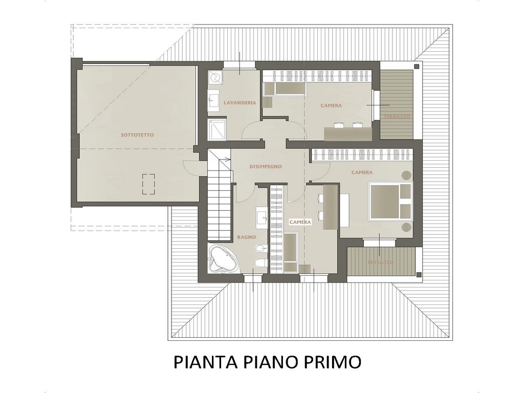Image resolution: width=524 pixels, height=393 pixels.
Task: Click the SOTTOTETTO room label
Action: [137, 135]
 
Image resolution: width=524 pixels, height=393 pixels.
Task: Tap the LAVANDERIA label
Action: [239, 102]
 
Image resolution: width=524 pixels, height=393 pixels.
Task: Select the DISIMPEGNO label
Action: [266, 166]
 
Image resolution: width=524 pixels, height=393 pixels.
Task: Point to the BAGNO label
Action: [246, 237]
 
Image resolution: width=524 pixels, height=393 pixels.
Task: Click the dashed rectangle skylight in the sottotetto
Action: [148, 184]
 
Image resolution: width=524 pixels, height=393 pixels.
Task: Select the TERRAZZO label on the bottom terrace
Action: [381, 263]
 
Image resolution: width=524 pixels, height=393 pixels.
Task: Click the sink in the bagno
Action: [261, 216]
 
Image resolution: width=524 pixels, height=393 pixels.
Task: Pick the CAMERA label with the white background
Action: [300, 222]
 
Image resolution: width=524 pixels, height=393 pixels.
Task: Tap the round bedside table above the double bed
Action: [406, 175]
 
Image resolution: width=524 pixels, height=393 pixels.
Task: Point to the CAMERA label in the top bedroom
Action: [331, 105]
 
